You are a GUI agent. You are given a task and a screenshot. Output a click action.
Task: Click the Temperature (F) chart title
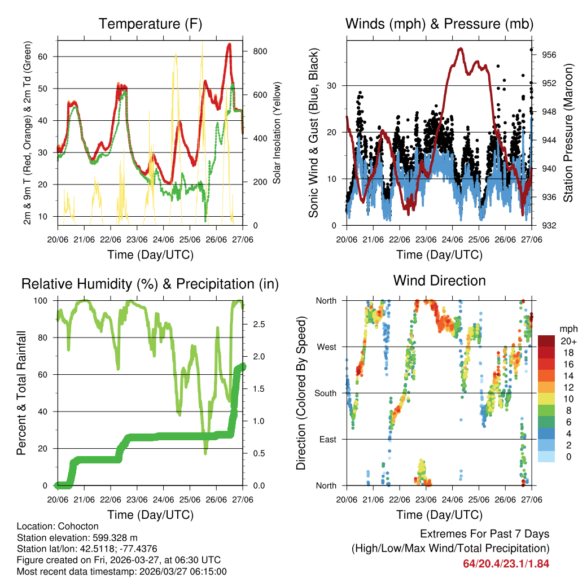pyautogui.click(x=150, y=24)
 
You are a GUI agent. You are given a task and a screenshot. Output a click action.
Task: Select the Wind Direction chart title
pyautogui.click(x=439, y=281)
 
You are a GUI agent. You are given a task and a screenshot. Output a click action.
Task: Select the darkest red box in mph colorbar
pyautogui.click(x=546, y=340)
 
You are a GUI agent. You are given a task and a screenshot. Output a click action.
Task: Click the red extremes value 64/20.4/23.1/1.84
pyautogui.click(x=506, y=564)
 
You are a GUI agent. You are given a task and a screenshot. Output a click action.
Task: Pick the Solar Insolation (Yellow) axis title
pyautogui.click(x=277, y=133)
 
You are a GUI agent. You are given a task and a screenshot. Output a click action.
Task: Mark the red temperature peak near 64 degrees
pyautogui.click(x=229, y=44)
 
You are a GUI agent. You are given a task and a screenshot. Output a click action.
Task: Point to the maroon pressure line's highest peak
pyautogui.click(x=461, y=49)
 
